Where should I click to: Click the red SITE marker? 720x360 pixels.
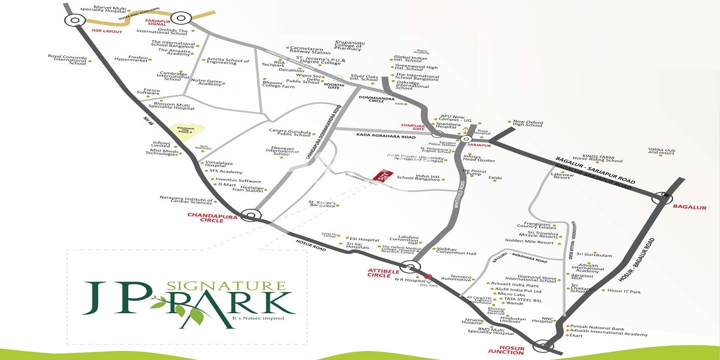click(383, 175)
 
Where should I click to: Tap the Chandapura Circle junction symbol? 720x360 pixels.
click(251, 215)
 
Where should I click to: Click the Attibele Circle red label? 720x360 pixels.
click(383, 273)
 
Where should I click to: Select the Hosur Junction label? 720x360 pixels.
click(506, 350)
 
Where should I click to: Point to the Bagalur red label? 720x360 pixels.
click(689, 207)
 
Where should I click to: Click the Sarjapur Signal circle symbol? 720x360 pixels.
click(181, 18)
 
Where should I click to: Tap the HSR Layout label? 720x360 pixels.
click(107, 31)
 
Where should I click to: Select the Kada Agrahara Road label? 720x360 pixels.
click(386, 135)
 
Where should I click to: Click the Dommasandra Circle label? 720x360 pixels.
click(376, 99)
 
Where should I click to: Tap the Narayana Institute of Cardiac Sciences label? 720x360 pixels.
click(186, 200)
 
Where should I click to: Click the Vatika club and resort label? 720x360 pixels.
click(661, 151)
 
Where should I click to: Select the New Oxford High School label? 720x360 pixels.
click(528, 123)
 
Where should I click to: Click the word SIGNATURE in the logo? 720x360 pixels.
click(226, 286)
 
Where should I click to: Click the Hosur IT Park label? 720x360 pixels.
click(624, 292)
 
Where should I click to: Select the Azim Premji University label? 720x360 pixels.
click(415, 157)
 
